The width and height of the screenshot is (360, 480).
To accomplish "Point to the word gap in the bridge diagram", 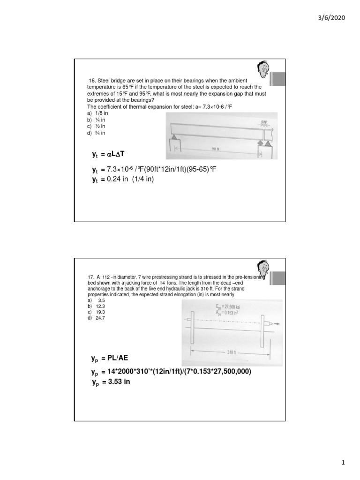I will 265,120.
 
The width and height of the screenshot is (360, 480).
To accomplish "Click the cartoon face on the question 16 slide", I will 262,71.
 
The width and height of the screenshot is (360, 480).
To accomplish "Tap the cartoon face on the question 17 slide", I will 262,270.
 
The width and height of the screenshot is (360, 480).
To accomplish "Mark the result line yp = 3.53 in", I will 111,382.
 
